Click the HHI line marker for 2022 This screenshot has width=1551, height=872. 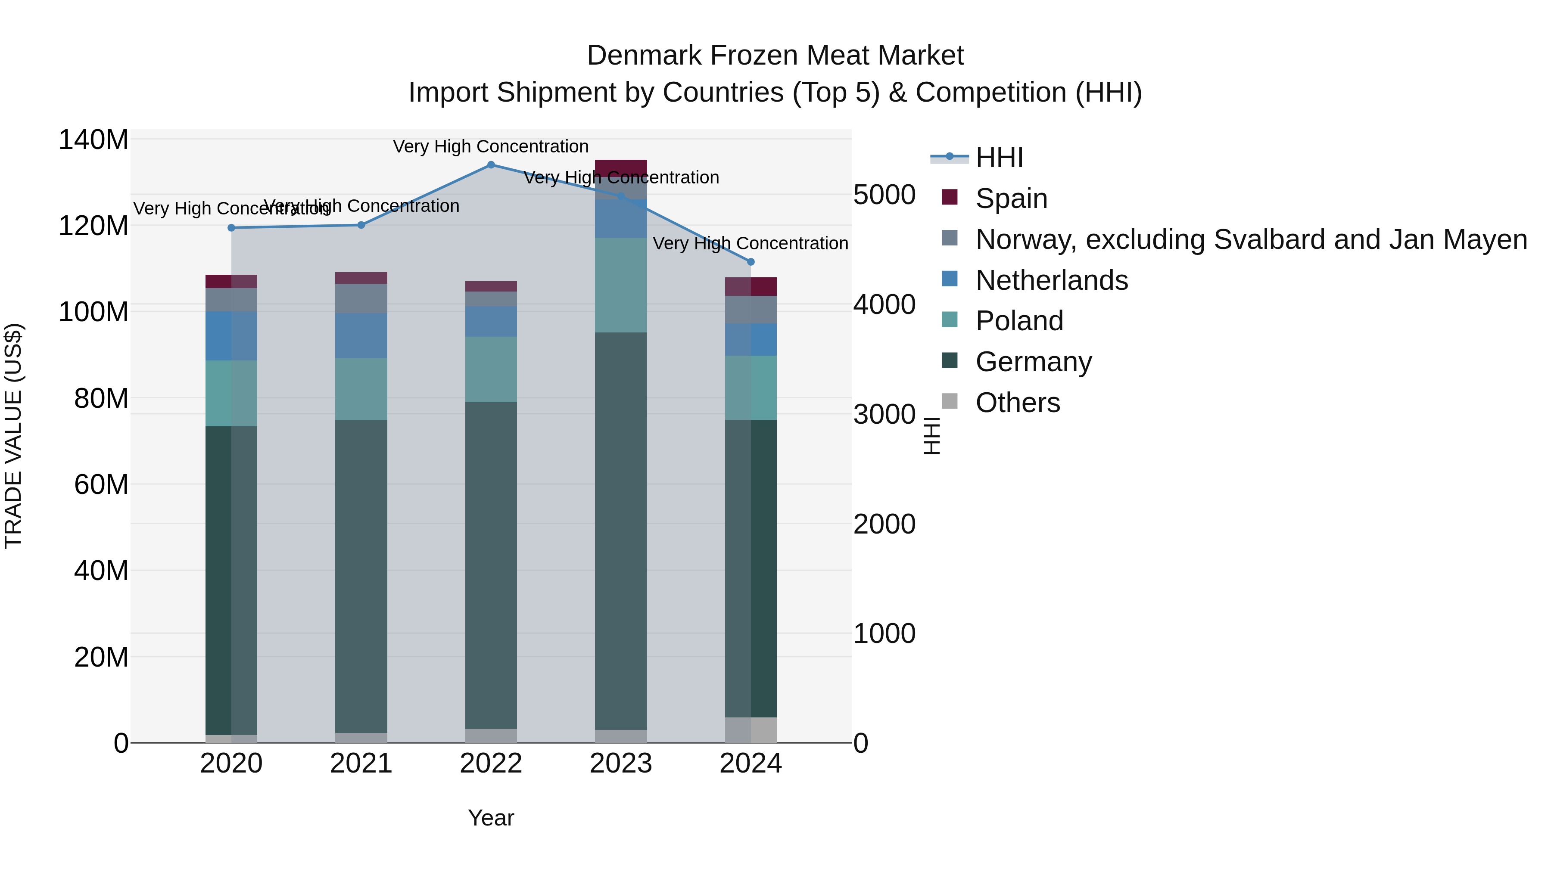click(x=491, y=165)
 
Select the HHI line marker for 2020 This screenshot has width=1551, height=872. click(x=231, y=227)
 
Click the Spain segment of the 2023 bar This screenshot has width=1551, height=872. click(x=621, y=168)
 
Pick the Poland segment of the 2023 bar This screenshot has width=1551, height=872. click(x=621, y=285)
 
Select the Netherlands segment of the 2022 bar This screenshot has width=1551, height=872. click(x=491, y=321)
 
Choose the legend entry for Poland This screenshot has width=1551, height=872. click(x=1019, y=321)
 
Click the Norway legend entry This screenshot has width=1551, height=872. click(x=1251, y=239)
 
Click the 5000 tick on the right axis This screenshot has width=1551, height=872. click(x=884, y=195)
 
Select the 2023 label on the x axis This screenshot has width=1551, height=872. click(x=621, y=763)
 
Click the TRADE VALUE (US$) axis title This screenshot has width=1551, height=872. click(x=13, y=436)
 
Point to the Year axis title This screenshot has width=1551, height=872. click(x=491, y=818)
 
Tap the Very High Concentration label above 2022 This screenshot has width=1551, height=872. click(x=491, y=146)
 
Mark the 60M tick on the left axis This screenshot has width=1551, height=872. click(x=101, y=484)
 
